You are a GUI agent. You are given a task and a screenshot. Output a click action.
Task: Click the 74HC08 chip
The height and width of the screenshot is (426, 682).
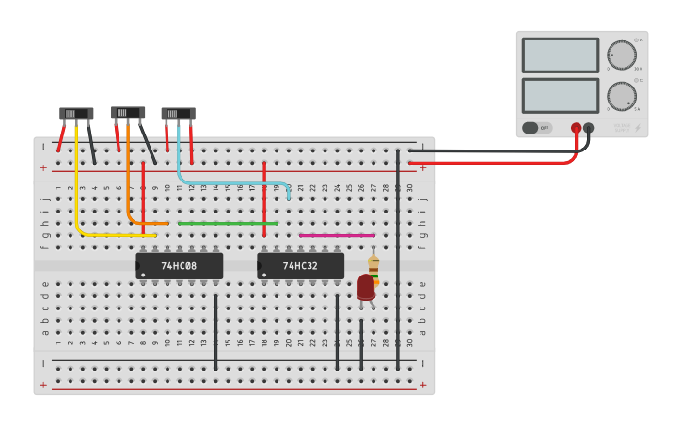179,266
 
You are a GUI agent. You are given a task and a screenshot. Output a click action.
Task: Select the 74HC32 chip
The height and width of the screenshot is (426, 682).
300,266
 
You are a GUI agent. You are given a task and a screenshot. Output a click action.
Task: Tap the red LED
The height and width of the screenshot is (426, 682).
366,287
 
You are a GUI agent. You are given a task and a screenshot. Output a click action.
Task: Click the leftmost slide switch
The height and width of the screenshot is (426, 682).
76,114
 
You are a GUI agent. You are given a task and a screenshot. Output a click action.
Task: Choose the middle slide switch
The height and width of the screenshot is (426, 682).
128,113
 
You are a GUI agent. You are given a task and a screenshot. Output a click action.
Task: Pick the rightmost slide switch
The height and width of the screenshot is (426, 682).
178,114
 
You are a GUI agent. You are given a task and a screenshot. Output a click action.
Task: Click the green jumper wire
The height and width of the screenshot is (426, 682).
226,223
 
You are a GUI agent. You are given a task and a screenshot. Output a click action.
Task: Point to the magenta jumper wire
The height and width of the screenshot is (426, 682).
337,235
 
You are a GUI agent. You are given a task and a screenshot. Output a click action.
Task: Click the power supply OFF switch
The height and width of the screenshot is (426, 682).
536,128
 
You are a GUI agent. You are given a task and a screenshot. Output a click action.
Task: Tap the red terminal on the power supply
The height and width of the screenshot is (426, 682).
576,128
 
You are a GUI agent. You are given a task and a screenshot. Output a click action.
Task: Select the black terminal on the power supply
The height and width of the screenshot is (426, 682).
589,128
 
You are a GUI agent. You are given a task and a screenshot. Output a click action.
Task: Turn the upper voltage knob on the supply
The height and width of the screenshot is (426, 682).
621,55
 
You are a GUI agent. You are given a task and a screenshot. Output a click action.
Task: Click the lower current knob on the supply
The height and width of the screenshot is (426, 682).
621,96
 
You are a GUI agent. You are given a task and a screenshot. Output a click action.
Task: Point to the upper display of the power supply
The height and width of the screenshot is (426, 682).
560,55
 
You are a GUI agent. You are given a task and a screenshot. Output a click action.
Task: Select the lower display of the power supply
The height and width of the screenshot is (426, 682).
560,95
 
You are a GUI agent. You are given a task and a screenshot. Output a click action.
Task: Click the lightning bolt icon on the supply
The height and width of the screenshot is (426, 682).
637,128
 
